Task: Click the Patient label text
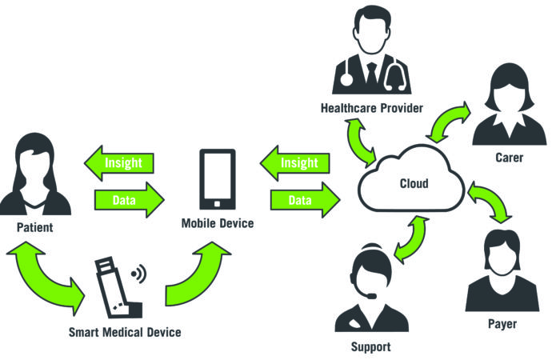pos(34,227)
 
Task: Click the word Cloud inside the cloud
pos(414,183)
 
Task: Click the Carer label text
pos(509,158)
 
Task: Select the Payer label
pos(502,324)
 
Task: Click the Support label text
pos(370,346)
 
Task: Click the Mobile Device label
pos(218,223)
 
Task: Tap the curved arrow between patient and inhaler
pos(44,280)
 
